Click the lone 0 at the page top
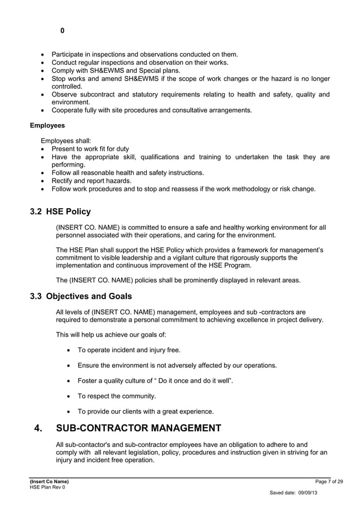coord(62,31)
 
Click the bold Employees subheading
coord(47,125)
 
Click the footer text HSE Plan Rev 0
coord(47,486)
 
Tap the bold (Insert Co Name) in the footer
coord(49,481)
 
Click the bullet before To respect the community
coord(69,396)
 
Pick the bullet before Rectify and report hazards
coord(43,181)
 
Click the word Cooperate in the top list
coord(69,110)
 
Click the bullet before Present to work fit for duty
coord(43,149)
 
